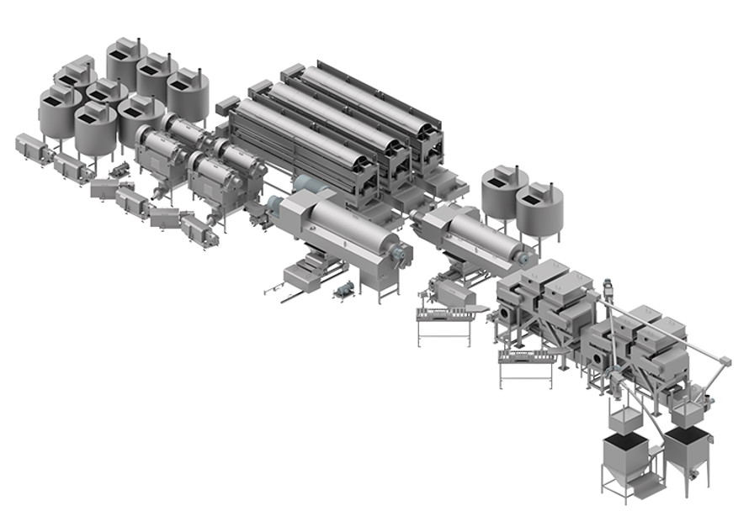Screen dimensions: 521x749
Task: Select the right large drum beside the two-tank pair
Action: [x=480, y=231]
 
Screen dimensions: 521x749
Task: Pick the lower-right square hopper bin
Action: [x=690, y=449]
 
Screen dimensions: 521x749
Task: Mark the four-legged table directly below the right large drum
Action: [x=444, y=324]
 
